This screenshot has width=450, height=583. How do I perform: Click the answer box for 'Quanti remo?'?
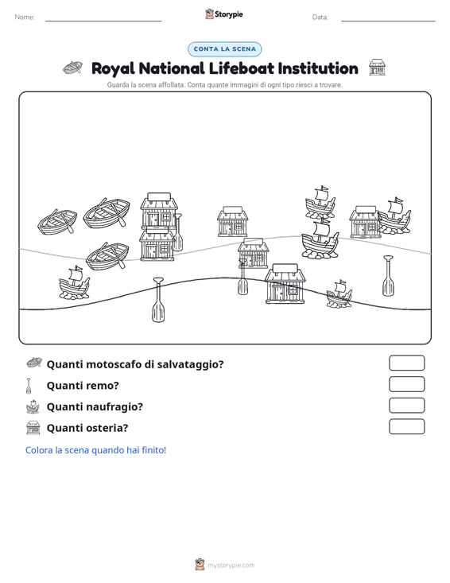[x=406, y=384]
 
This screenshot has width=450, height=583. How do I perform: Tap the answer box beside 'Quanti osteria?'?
[x=406, y=426]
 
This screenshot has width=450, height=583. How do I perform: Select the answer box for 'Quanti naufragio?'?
[x=406, y=406]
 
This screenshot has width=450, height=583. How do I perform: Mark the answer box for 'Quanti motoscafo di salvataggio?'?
[x=406, y=363]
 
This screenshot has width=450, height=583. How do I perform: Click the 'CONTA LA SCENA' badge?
[x=225, y=49]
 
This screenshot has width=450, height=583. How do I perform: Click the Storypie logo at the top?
[x=224, y=14]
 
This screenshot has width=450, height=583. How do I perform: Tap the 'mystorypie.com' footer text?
[x=231, y=566]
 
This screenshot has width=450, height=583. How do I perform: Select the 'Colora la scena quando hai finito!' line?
[x=95, y=450]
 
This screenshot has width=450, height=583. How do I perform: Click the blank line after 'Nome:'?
[x=103, y=21]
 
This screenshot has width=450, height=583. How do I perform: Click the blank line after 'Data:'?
[x=388, y=21]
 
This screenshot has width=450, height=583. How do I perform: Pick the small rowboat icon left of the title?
[x=73, y=68]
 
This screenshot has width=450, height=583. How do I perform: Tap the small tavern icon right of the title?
[x=377, y=67]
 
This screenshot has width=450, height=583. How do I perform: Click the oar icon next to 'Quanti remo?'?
[x=29, y=386]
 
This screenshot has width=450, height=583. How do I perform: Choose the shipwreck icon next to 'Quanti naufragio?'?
[x=33, y=406]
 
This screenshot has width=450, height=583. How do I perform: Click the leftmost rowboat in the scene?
[x=57, y=222]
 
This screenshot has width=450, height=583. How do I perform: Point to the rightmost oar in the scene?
[x=388, y=275]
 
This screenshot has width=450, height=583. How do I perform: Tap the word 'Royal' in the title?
[x=113, y=69]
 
